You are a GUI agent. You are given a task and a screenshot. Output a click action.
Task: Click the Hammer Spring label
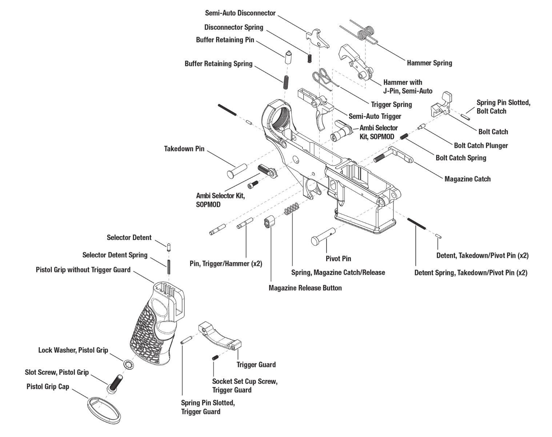tap(429, 63)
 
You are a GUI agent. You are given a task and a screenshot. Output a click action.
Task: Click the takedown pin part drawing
tap(236, 170)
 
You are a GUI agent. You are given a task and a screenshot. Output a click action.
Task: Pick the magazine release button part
tap(268, 222)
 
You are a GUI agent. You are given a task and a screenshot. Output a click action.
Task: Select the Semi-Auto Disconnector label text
tap(240, 13)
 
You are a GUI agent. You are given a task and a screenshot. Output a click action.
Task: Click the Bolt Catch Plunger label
tap(481, 146)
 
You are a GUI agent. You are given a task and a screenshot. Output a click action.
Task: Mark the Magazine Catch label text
tap(467, 179)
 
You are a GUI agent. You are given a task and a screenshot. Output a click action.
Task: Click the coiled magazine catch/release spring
tap(292, 208)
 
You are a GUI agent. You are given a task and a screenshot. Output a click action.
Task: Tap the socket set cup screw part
tap(215, 358)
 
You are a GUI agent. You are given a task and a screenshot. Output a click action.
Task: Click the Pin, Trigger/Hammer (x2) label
tap(225, 263)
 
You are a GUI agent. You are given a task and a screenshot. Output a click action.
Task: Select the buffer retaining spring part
tap(286, 82)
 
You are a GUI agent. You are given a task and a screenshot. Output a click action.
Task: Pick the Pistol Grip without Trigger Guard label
tap(83, 270)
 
